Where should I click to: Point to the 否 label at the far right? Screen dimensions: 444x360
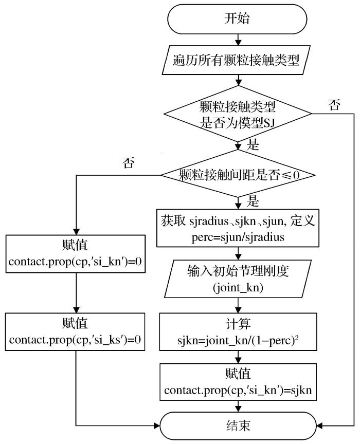pyautogui.click(x=334, y=105)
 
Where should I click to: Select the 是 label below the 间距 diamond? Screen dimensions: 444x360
pyautogui.click(x=253, y=199)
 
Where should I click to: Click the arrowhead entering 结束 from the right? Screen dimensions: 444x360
pyautogui.click(x=320, y=425)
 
